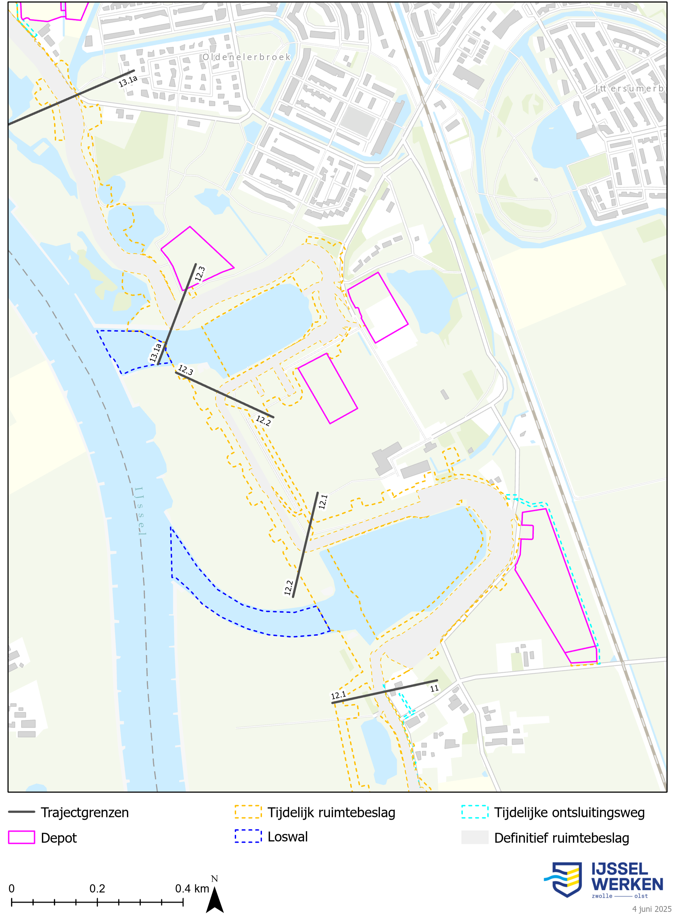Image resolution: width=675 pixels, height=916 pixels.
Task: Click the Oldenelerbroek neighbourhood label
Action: [x=246, y=57]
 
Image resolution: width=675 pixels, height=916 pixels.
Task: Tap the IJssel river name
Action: [x=139, y=511]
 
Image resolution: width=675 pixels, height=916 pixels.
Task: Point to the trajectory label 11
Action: [x=434, y=688]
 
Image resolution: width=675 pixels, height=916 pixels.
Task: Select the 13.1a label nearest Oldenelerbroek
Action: [x=128, y=81]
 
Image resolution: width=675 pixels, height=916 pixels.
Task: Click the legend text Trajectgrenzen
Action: [x=85, y=812]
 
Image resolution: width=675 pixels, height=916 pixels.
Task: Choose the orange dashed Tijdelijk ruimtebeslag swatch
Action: [x=248, y=812]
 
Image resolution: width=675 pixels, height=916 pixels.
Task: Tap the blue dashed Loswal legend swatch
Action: [x=248, y=836]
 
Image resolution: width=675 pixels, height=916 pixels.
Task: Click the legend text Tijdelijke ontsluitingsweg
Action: [x=569, y=812]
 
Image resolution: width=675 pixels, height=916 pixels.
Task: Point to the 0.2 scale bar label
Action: [x=97, y=889]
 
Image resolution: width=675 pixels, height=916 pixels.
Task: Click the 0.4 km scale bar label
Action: [x=192, y=889]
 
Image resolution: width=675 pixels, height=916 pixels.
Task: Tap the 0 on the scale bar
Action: [x=12, y=889]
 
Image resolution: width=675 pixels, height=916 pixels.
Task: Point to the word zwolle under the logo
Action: [x=602, y=896]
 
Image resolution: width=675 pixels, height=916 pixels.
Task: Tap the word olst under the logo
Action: [x=641, y=896]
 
